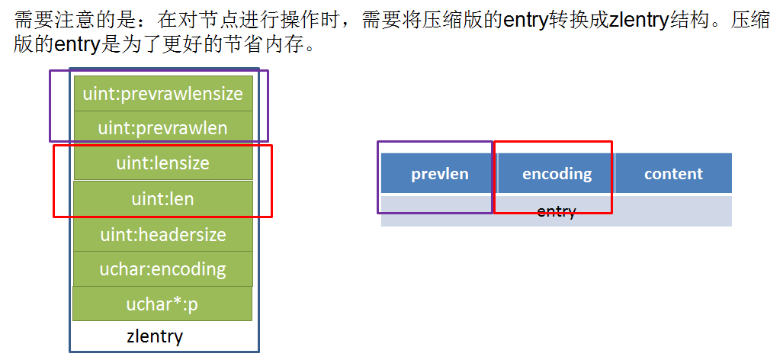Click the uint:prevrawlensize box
[162, 94]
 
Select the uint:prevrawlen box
[162, 128]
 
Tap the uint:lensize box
[162, 163]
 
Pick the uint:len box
[162, 199]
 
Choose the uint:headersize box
[162, 234]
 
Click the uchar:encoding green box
[162, 269]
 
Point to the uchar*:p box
[162, 304]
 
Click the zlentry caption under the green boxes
[155, 336]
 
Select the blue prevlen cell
[439, 174]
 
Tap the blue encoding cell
[557, 174]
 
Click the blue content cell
[673, 174]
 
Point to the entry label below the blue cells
[556, 211]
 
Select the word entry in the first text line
[525, 20]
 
